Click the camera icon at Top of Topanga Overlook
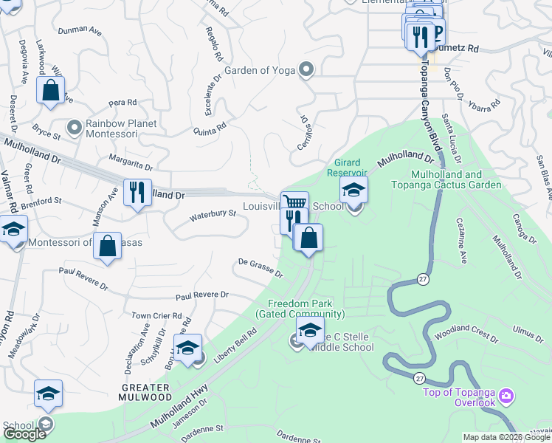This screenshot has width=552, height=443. pos(506,396)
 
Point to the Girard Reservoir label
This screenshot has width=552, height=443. pos(347,167)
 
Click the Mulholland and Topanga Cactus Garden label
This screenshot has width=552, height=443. pos(456,179)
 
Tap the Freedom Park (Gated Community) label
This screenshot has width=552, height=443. pos(300,309)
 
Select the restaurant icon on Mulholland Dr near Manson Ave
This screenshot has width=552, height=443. pos(137,193)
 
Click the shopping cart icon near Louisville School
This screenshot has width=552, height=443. pos(294,202)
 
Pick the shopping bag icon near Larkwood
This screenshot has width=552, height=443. pos(51,92)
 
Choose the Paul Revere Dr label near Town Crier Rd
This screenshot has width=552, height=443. pos(201,295)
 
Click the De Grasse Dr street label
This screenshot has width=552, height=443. pos(260,267)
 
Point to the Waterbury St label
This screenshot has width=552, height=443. pos(212,215)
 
